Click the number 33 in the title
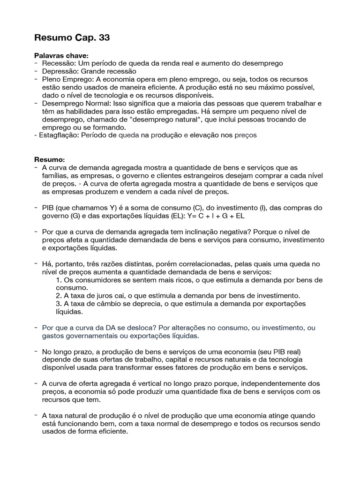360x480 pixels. pos(104,38)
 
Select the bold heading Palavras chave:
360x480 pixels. pos(61,55)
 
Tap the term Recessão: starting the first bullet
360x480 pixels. pos(58,63)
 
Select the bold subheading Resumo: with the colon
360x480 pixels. pos(49,160)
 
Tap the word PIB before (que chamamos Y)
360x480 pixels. pos(48,208)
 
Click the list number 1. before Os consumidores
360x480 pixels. pos(59,280)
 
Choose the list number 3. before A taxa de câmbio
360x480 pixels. pos(59,304)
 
